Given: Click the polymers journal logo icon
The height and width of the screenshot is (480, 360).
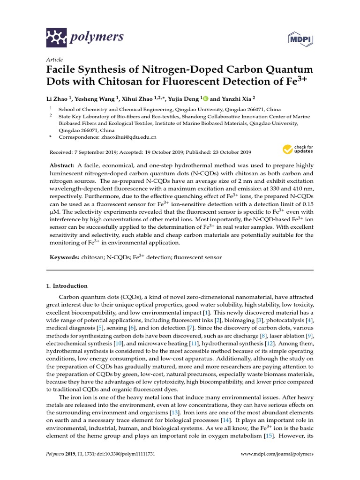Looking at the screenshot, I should pos(57,36).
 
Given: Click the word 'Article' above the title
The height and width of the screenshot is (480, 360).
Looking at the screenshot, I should pos(55,60).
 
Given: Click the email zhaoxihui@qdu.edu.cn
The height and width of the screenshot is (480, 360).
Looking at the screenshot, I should pos(128,137).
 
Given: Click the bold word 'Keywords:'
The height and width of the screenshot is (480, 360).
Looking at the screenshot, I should pos(65,257).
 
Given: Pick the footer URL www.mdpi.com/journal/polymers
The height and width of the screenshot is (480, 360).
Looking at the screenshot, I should pos(277,454).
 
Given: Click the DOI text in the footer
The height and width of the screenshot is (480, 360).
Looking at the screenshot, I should pos(126,454).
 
